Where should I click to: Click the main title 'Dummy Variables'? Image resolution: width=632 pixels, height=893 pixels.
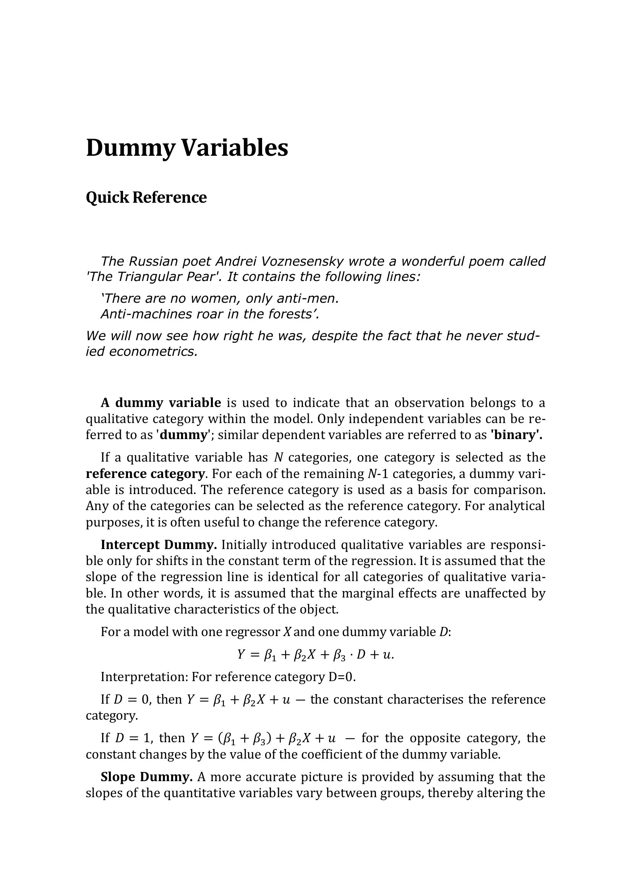(x=187, y=148)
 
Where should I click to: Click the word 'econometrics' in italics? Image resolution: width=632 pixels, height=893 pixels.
(x=153, y=351)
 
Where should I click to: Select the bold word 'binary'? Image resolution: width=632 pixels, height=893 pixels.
(x=516, y=435)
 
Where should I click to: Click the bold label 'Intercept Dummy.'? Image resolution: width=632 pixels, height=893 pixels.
(x=159, y=544)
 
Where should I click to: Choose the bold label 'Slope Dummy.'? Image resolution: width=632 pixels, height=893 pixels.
(x=147, y=777)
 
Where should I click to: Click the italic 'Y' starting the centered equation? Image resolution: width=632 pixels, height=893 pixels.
(x=241, y=655)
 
